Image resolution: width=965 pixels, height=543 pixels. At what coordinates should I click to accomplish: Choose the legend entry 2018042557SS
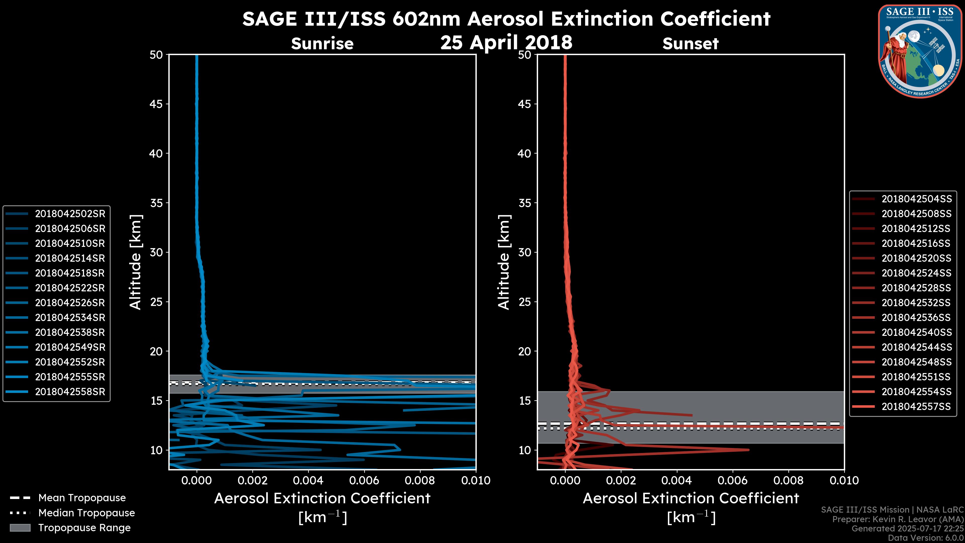tap(916, 406)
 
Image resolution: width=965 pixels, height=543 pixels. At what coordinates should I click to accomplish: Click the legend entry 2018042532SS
tap(916, 302)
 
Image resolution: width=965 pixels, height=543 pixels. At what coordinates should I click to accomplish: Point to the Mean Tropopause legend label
tap(82, 498)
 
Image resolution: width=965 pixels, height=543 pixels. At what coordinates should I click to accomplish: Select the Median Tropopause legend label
tap(86, 513)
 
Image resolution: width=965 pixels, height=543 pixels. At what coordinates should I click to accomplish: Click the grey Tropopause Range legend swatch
tap(20, 528)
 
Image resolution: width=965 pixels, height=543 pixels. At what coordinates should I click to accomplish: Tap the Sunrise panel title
tap(322, 43)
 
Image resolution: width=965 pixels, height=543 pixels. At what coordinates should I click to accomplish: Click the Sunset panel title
tap(690, 43)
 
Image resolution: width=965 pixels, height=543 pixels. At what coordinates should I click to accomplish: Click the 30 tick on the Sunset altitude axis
tap(524, 252)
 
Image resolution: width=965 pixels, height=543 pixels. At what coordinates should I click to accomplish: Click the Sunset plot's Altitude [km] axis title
tap(504, 262)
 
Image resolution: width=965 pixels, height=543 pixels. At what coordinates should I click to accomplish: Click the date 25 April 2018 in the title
tap(506, 42)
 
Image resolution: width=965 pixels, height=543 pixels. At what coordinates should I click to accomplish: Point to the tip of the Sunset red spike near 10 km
tap(748, 450)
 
